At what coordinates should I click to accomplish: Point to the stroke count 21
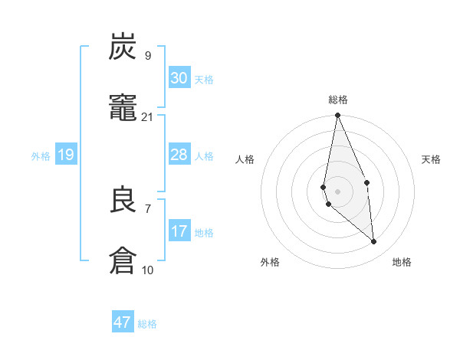pyautogui.click(x=148, y=116)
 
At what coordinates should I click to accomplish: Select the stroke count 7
pyautogui.click(x=148, y=208)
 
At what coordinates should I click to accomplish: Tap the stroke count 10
pyautogui.click(x=148, y=270)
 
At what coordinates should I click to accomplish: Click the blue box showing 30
pyautogui.click(x=179, y=78)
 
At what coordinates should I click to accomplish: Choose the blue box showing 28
pyautogui.click(x=179, y=155)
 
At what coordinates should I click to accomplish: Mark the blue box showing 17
pyautogui.click(x=179, y=231)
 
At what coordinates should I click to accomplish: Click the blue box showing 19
pyautogui.click(x=66, y=155)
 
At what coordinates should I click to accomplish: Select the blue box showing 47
pyautogui.click(x=123, y=322)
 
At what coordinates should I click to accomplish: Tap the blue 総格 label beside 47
pyautogui.click(x=147, y=324)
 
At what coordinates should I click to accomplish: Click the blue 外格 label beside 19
pyautogui.click(x=41, y=156)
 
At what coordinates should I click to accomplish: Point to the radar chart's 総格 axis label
pyautogui.click(x=338, y=100)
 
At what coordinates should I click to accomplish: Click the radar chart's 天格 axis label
pyautogui.click(x=432, y=159)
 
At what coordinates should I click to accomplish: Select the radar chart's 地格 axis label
pyautogui.click(x=402, y=262)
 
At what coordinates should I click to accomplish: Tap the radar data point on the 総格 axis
pyautogui.click(x=337, y=116)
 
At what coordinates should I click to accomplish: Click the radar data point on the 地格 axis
pyautogui.click(x=374, y=242)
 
